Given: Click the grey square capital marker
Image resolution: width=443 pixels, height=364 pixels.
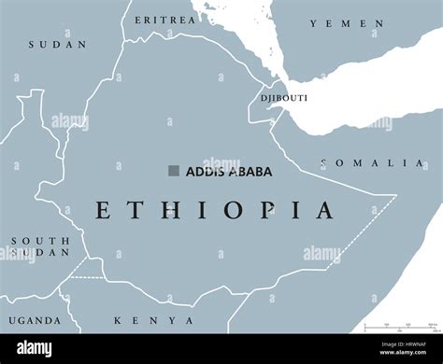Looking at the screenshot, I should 173,171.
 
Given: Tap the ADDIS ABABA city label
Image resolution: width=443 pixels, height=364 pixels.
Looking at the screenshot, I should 219,172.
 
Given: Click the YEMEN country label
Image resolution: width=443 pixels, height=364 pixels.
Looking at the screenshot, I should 347,23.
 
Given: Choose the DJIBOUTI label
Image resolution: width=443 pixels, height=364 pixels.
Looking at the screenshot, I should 284,97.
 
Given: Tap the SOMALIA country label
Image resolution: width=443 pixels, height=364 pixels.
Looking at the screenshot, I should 371,163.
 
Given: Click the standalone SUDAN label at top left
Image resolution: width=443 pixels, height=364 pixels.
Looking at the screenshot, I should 57,44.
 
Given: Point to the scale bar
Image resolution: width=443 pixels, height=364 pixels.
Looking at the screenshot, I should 402,328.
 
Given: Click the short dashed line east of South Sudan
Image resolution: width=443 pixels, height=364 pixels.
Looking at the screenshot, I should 87,277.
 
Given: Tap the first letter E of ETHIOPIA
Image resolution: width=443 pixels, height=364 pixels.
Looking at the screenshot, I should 103,210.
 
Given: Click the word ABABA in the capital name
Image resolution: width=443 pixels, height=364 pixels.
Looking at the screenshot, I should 241,172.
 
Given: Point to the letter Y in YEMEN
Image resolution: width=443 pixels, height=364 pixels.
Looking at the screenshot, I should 314,23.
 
